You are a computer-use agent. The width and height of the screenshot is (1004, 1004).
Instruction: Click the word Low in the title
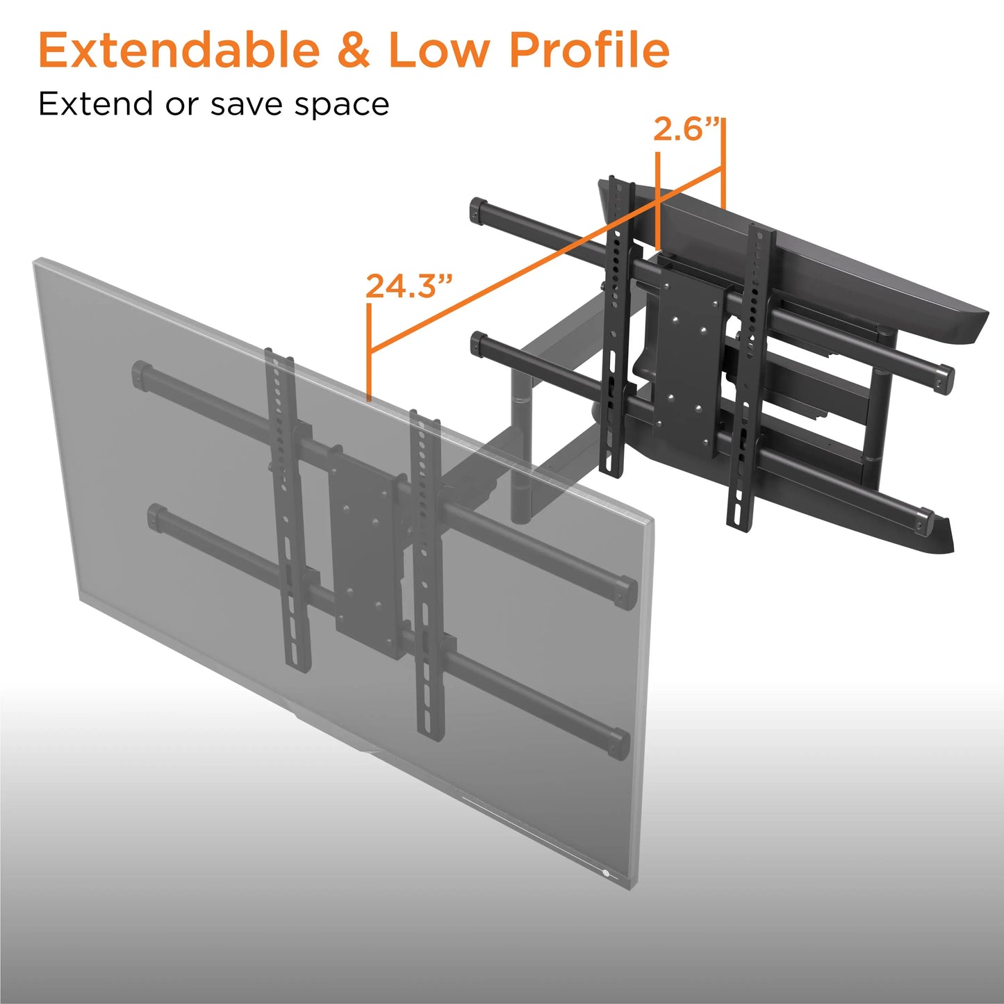click(440, 49)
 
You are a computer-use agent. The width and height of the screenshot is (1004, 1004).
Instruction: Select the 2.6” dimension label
click(688, 129)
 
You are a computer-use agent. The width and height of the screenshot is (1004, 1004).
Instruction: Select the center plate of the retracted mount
click(688, 358)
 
